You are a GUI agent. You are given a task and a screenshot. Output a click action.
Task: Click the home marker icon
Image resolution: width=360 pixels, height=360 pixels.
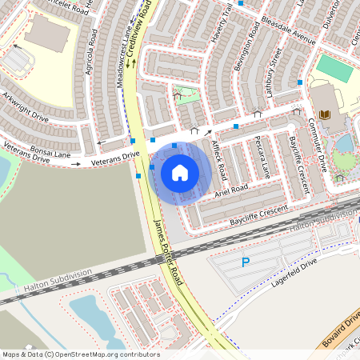pyautogui.click(x=180, y=171)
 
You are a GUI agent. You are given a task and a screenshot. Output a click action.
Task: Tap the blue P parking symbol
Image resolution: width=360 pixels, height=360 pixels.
pyautogui.click(x=246, y=262)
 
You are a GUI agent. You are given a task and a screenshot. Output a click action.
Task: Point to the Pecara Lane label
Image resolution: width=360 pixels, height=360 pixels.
pyautogui.click(x=259, y=155)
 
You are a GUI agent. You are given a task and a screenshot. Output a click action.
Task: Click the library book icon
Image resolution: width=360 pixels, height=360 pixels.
pyautogui.click(x=325, y=116)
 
